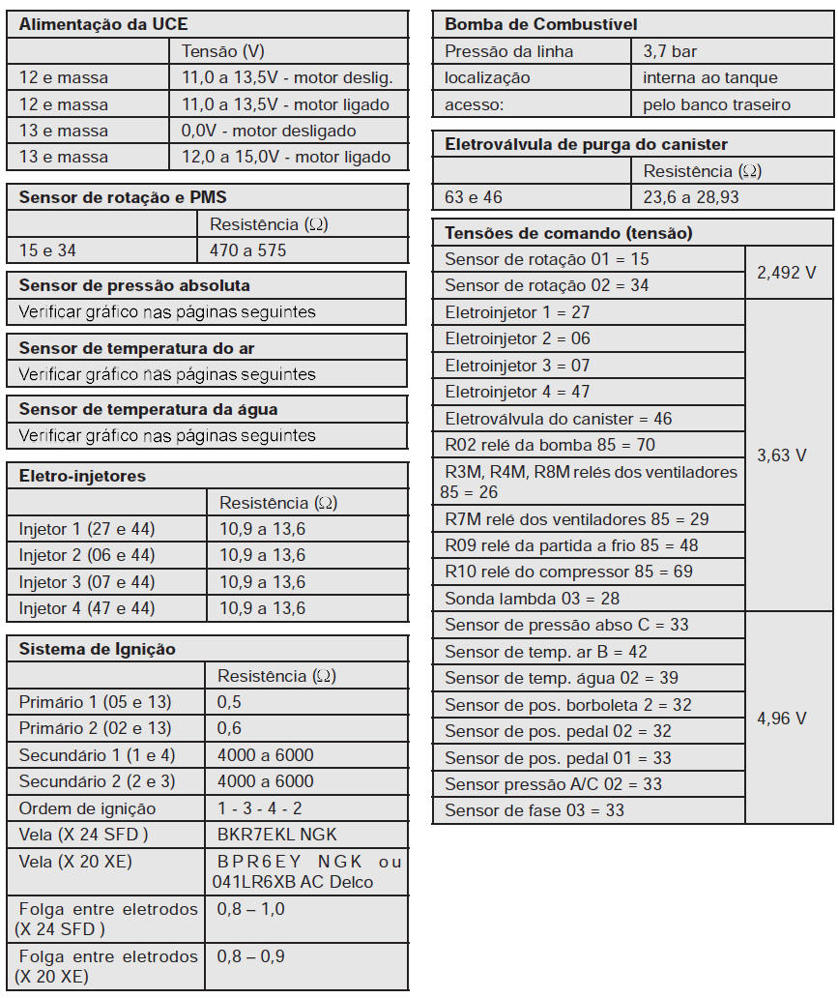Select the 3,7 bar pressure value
coord(670,51)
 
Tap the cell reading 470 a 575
coord(247,250)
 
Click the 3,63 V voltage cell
coord(781,455)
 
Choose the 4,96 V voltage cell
coord(781,719)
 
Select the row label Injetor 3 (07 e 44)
coord(87,582)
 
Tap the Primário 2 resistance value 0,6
coord(230,728)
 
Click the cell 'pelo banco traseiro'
coord(716,104)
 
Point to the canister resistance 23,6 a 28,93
coord(698,197)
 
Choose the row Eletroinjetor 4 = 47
coord(517,393)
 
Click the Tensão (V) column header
coord(222,51)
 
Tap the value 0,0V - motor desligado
coord(269,131)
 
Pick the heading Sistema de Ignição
coord(98,649)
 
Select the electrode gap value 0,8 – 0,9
coord(251,956)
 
